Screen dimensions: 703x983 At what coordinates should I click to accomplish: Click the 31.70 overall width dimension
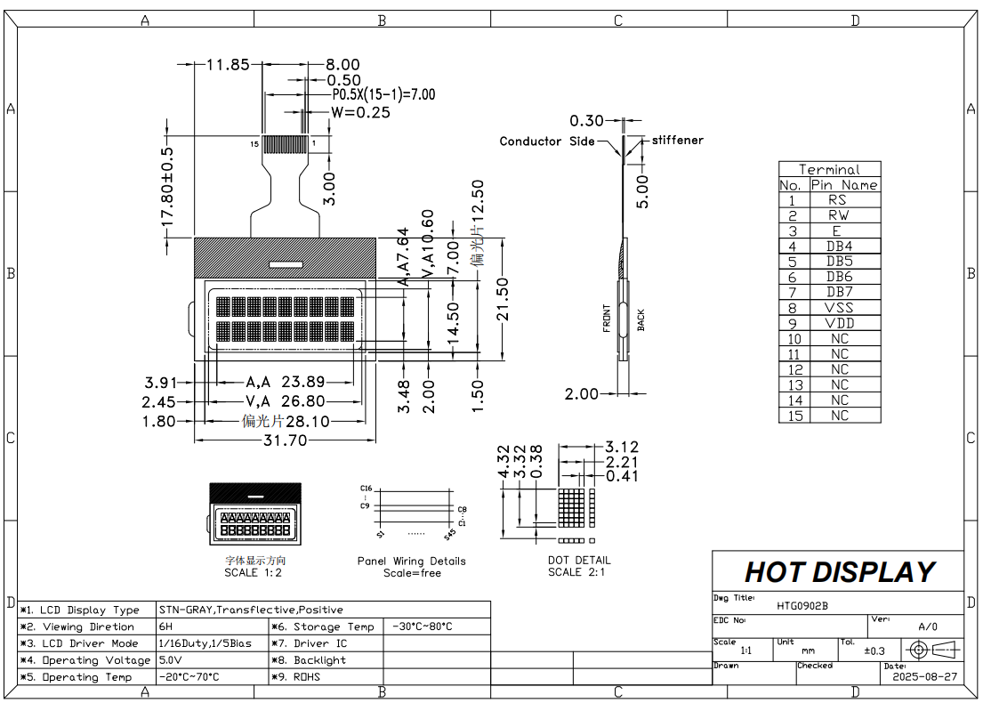coord(283,440)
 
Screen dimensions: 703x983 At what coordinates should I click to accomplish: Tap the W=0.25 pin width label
coord(360,112)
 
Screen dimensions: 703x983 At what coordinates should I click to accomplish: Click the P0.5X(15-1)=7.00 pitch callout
coord(383,94)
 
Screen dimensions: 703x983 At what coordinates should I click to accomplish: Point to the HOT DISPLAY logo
coord(839,571)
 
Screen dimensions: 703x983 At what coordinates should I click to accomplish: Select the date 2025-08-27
coord(925,676)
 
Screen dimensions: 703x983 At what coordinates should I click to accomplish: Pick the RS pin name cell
coord(837,200)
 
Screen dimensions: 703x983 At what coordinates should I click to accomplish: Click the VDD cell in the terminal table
coord(839,323)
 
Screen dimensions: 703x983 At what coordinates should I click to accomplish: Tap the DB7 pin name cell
coord(839,292)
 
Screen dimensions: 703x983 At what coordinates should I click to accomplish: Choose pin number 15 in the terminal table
coord(794,416)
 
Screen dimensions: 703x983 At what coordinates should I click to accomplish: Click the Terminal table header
coord(829,169)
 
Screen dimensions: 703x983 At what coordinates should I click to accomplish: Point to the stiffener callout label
coord(677,140)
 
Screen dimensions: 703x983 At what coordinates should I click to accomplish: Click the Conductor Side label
coord(546,141)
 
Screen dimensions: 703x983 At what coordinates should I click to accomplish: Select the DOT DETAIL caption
coord(579,561)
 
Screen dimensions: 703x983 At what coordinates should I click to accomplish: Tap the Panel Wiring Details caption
coord(411,562)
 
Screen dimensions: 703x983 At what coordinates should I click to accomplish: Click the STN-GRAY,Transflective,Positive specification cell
coord(251,610)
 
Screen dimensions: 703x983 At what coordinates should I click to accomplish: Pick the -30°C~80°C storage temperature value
coord(422,626)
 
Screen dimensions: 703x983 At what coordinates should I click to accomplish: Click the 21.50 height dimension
coord(504,299)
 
